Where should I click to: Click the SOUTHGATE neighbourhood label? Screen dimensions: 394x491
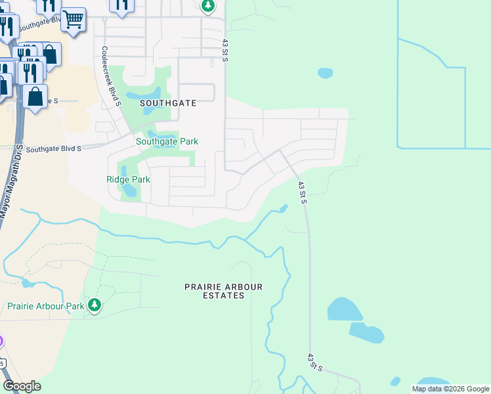(167, 104)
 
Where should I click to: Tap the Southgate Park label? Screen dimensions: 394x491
(167, 141)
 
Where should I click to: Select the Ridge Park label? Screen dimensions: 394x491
(128, 179)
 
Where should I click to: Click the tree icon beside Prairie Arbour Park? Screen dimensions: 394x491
(95, 305)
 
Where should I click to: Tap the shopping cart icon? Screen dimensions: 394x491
(73, 19)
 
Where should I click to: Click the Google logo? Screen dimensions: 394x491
(22, 386)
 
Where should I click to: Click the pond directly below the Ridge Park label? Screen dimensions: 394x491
(129, 192)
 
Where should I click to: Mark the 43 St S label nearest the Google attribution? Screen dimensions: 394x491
(314, 362)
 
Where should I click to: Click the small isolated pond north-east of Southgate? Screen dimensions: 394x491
(325, 73)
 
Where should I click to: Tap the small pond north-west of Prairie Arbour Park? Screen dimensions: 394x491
(28, 284)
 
